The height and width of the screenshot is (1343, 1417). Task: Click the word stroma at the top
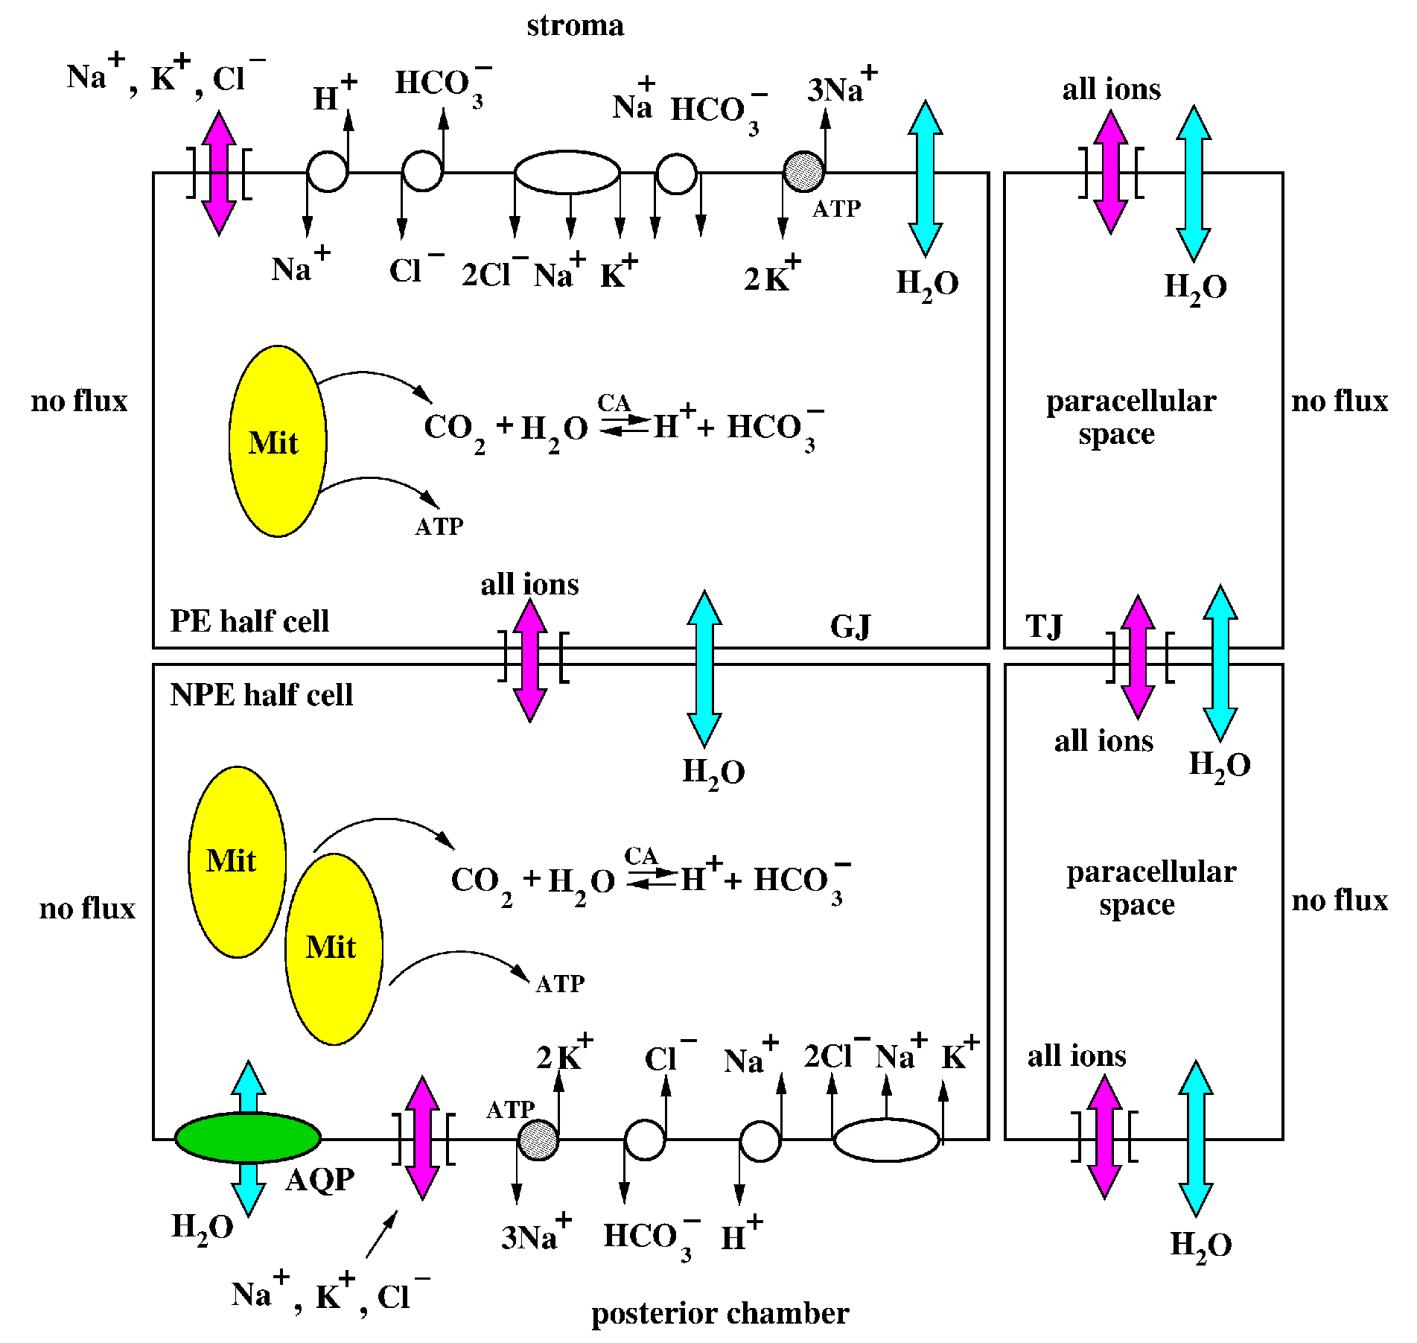(x=575, y=26)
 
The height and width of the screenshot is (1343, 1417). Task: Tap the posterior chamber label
(x=720, y=1313)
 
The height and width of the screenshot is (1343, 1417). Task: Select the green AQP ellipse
(x=248, y=1137)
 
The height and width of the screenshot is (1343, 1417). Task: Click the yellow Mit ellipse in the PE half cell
(x=278, y=441)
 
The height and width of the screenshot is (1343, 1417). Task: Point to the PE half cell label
(x=249, y=620)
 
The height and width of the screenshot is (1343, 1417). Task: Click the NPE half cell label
(x=261, y=694)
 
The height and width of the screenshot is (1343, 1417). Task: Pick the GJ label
(x=850, y=626)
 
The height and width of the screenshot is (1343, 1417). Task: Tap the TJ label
(x=1044, y=626)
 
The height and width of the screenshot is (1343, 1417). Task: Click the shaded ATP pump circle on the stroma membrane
(x=803, y=172)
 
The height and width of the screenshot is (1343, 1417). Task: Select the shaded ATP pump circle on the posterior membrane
(x=538, y=1140)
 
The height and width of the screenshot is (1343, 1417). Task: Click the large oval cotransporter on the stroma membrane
(x=567, y=172)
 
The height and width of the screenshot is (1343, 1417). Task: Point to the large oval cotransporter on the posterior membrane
(x=886, y=1140)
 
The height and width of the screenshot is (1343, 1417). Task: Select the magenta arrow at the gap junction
(x=530, y=660)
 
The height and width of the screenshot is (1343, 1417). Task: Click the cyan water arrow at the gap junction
(x=704, y=668)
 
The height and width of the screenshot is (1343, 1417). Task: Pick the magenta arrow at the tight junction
(x=1138, y=657)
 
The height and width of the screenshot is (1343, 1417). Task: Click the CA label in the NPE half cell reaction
(x=641, y=856)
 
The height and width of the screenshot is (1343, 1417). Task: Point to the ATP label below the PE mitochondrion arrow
(x=439, y=527)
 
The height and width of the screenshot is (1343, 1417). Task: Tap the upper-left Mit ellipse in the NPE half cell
(x=238, y=862)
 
